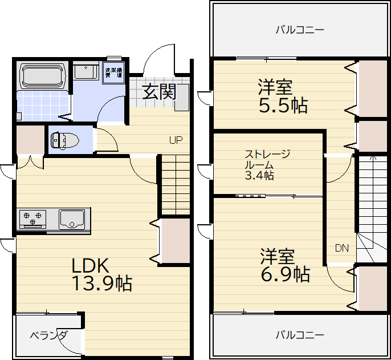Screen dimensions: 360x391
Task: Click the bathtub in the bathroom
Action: tap(43, 75)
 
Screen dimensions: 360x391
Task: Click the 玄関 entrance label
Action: tap(159, 91)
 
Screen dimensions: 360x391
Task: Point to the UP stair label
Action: tap(175, 140)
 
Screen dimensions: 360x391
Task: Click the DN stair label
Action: tap(341, 248)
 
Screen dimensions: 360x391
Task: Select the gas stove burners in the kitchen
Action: tap(32, 217)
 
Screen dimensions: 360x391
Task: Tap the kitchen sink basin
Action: tap(74, 219)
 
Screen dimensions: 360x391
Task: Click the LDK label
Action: tap(90, 265)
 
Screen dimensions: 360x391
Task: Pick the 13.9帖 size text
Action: tap(101, 283)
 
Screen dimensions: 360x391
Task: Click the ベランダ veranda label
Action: tap(48, 335)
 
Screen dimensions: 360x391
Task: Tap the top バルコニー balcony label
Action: tap(300, 29)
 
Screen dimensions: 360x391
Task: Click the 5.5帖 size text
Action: tap(283, 106)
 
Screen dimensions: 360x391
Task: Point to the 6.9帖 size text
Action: tap(286, 274)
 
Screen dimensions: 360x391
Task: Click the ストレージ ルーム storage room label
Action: tap(267, 159)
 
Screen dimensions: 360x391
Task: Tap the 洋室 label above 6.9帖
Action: tap(278, 254)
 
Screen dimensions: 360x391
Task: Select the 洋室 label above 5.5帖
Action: tap(275, 87)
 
